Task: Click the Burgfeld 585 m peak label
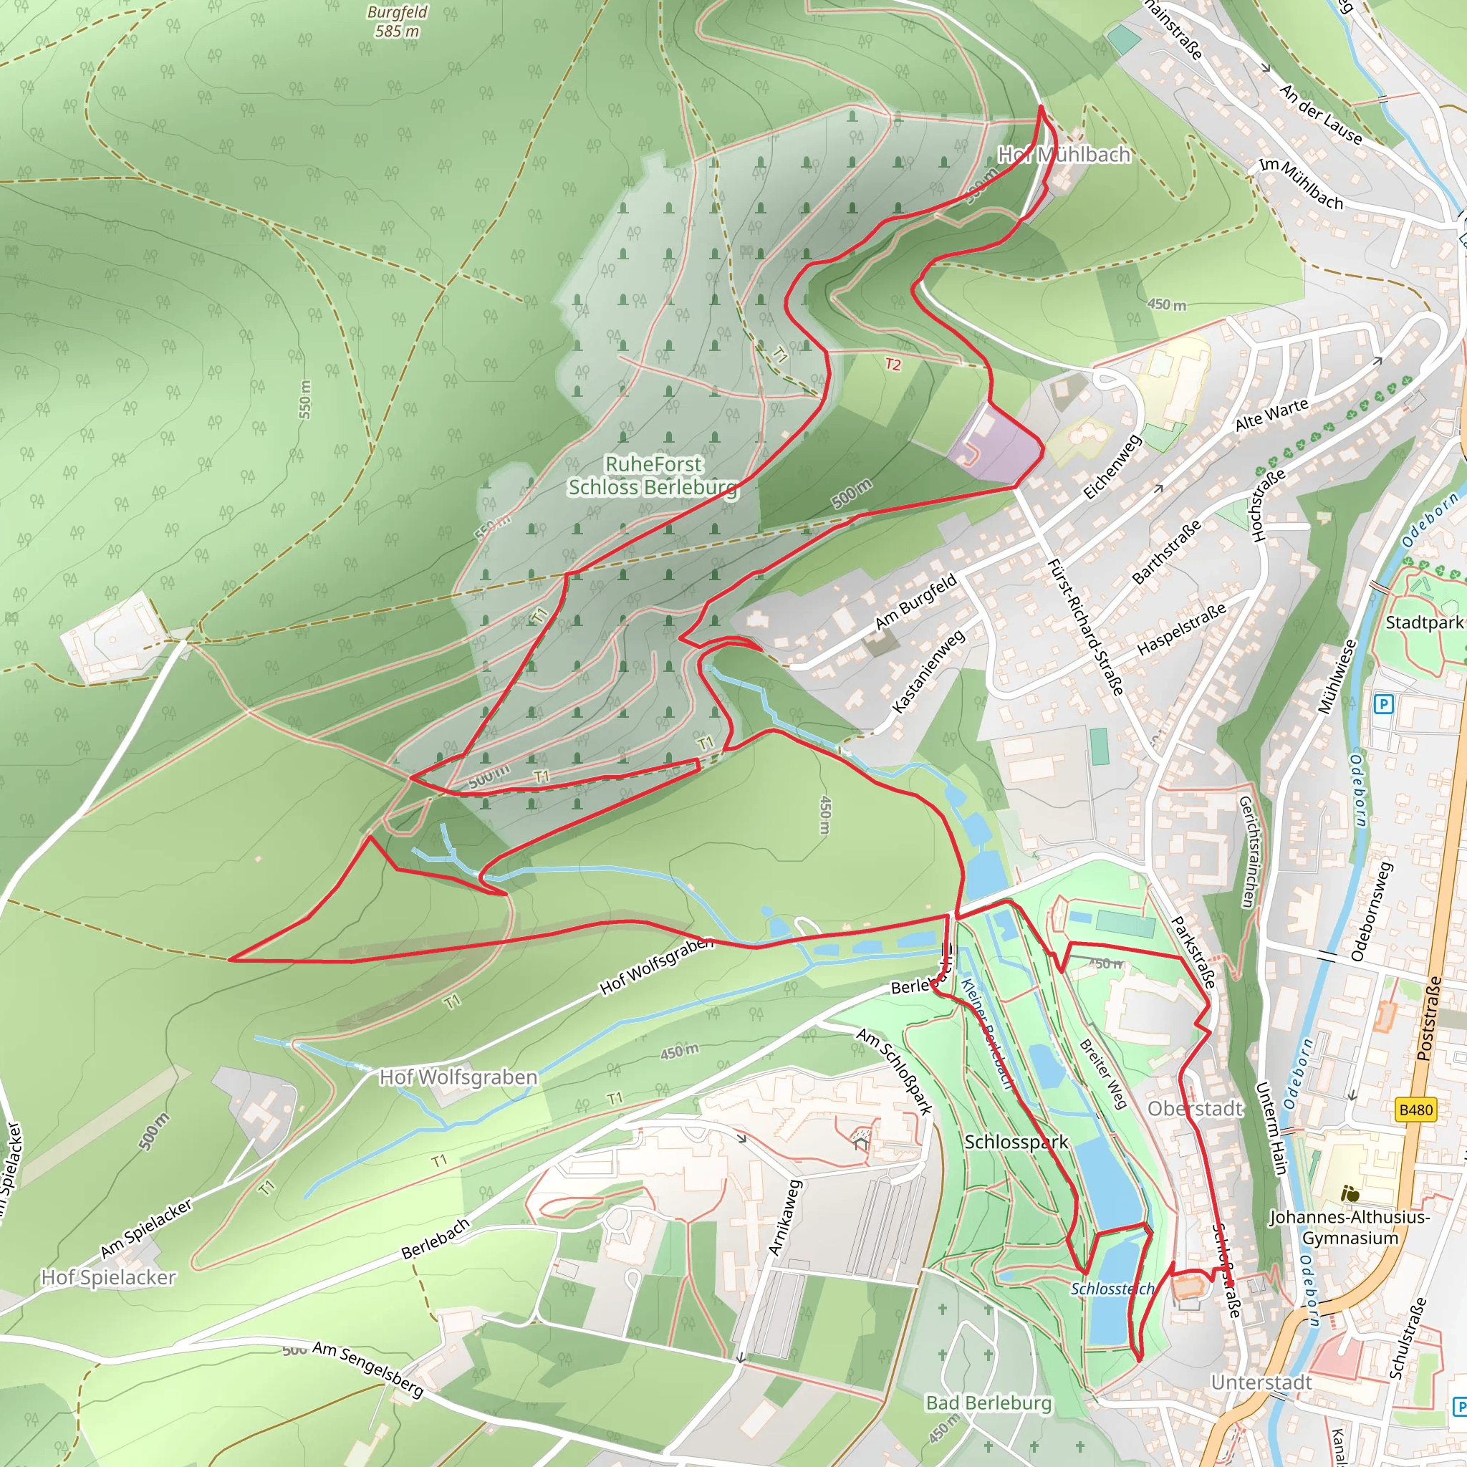click(x=396, y=21)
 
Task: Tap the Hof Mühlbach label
click(x=1063, y=155)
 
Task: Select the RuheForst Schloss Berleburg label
click(x=653, y=476)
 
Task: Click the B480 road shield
click(x=1415, y=1110)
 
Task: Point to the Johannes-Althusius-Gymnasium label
click(x=1350, y=1227)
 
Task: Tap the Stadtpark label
click(x=1424, y=622)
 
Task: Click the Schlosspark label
click(x=1016, y=1142)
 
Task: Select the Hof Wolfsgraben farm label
click(x=458, y=1077)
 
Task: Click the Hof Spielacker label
click(x=109, y=1277)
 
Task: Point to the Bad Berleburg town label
click(x=989, y=1403)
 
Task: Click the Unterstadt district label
click(x=1261, y=1382)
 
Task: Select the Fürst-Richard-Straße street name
click(x=1084, y=627)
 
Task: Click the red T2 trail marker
click(x=893, y=365)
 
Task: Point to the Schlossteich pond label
click(x=1112, y=1289)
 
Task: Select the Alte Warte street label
click(x=1272, y=415)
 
